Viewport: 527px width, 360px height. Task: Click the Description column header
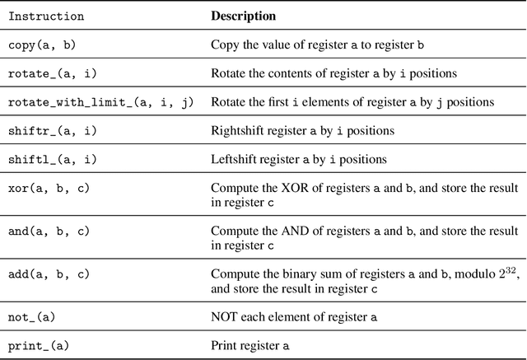(244, 15)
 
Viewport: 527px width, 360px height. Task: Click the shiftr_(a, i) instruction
(52, 130)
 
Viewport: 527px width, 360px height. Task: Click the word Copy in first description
(226, 44)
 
